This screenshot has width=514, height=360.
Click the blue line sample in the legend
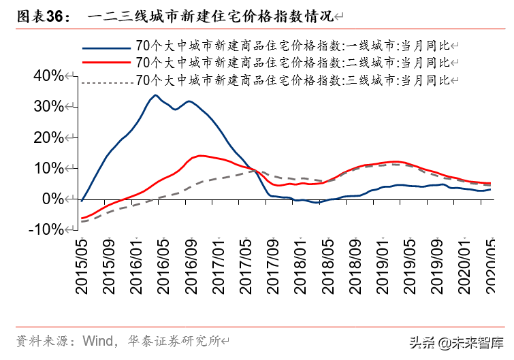106,47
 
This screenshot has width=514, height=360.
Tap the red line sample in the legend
106,63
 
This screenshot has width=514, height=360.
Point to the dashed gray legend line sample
106,82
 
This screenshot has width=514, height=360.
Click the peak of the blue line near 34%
155,95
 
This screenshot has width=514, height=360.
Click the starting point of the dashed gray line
82,221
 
